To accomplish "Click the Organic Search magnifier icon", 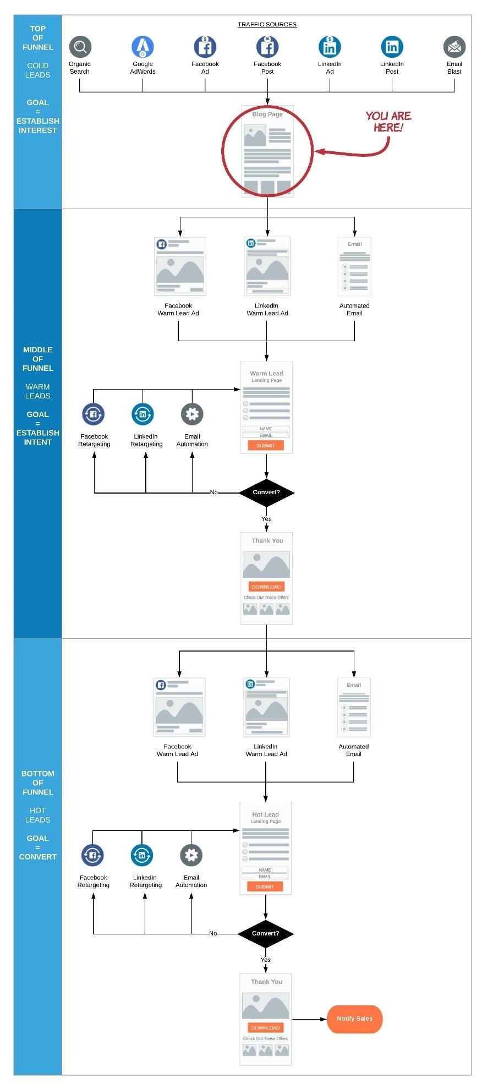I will (x=80, y=47).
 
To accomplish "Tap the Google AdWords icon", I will (x=143, y=47).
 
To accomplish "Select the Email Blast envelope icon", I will (x=454, y=47).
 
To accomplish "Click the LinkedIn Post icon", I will (x=392, y=47).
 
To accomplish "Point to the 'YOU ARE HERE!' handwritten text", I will (x=388, y=122).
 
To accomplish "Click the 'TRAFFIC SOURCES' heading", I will (x=267, y=24).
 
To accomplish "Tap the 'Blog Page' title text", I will (x=267, y=114).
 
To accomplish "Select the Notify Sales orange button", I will (x=354, y=1019).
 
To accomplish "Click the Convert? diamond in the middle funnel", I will (x=266, y=492).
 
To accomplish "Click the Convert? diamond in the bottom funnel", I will (x=265, y=933).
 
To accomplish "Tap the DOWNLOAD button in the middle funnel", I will (x=266, y=587).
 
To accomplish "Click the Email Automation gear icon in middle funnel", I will (x=192, y=414).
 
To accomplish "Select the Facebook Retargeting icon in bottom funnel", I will (x=92, y=855).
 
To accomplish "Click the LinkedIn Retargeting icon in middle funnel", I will (x=143, y=414).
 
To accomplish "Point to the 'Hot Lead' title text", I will (x=265, y=814).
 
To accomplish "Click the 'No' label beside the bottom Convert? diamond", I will (x=213, y=933).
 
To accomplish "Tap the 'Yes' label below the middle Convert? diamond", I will (x=266, y=519).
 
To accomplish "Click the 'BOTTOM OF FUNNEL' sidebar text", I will (x=37, y=782).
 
